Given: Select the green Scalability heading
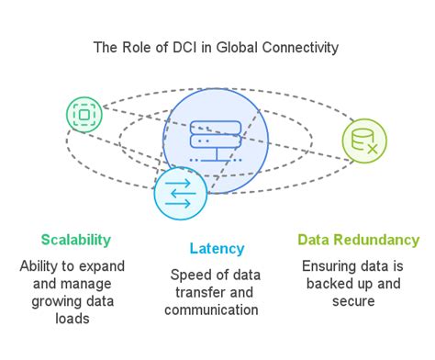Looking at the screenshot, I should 75,240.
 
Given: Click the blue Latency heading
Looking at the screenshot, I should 217,249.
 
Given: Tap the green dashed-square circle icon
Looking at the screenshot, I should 84,114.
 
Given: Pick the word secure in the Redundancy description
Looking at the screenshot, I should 358,300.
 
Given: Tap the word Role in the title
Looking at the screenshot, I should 136,47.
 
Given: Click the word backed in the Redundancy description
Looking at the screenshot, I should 340,283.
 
